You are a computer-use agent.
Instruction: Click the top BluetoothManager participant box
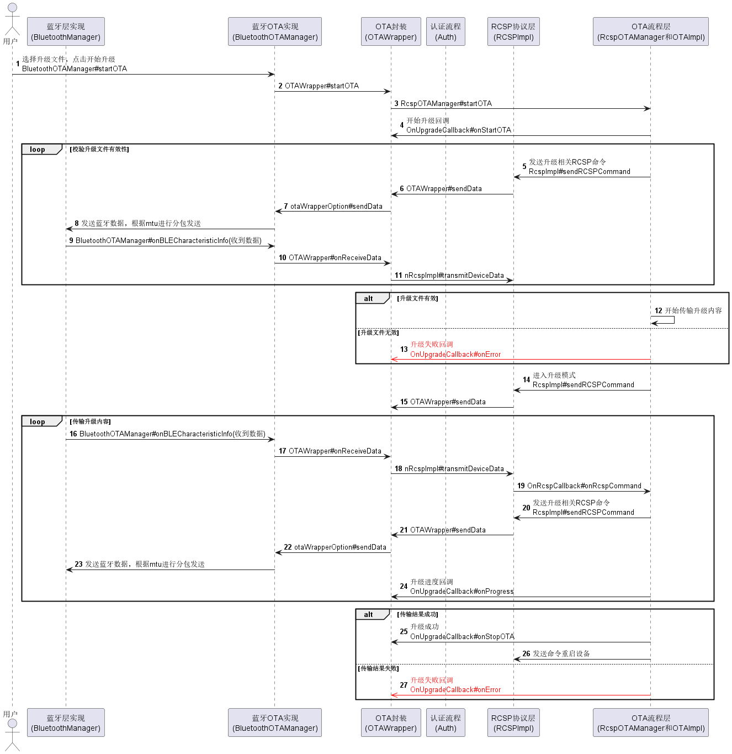click(66, 31)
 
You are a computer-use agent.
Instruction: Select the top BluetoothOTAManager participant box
click(275, 31)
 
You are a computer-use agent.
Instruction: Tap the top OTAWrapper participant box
click(391, 31)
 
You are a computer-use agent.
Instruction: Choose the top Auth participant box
click(445, 31)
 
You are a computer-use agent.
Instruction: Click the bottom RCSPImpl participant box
click(513, 723)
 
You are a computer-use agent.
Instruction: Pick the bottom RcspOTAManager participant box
click(651, 723)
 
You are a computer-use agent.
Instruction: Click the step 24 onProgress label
click(462, 592)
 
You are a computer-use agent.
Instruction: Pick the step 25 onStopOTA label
click(462, 637)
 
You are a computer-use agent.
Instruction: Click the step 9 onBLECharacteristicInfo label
click(168, 241)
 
